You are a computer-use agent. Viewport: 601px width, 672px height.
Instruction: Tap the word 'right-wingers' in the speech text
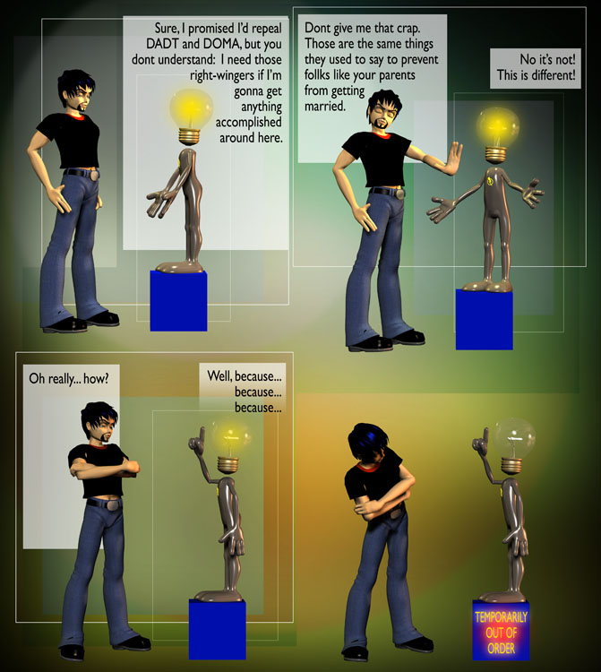tap(222, 76)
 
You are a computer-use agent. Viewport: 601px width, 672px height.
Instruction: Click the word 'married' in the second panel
tap(325, 107)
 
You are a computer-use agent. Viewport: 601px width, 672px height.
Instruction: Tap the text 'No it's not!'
tap(548, 59)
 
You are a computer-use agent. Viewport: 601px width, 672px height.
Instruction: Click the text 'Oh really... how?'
tap(69, 379)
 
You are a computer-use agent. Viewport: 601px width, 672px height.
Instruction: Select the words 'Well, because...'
tap(245, 376)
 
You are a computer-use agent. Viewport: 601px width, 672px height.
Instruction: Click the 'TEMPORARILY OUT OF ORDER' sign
tap(501, 633)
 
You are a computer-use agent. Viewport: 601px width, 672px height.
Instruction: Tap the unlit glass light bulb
tap(513, 439)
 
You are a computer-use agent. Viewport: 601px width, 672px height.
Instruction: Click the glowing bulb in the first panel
tap(191, 109)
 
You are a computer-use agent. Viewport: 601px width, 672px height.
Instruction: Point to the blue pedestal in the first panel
tap(178, 300)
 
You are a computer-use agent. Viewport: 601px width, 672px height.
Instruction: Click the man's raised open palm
tap(453, 158)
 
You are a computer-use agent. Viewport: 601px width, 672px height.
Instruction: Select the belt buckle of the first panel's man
tap(93, 175)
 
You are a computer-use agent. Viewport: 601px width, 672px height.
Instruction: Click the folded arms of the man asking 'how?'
tap(104, 468)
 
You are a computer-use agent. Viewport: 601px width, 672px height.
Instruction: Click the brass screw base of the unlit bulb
tap(512, 465)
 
